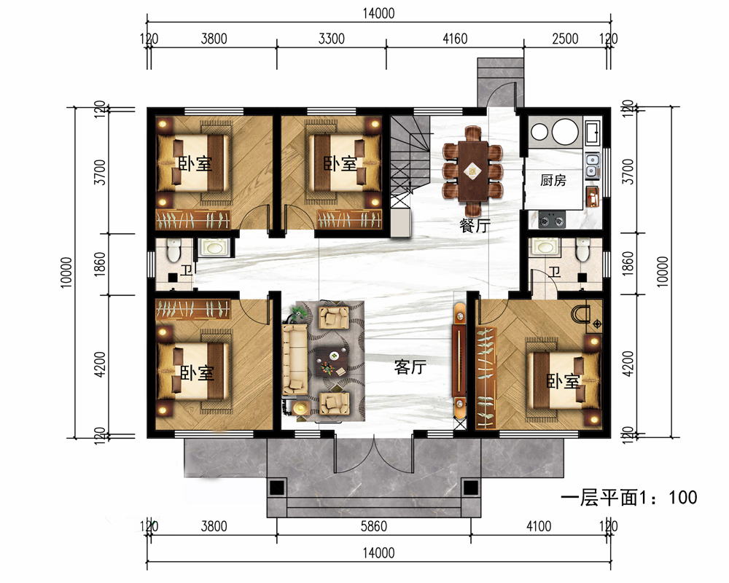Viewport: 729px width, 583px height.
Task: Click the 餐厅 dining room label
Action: [x=475, y=225]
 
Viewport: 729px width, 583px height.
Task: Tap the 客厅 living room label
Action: [x=410, y=367]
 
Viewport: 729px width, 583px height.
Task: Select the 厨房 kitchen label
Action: [x=553, y=180]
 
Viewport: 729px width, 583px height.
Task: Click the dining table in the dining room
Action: [x=473, y=171]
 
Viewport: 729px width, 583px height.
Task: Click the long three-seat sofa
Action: [x=295, y=360]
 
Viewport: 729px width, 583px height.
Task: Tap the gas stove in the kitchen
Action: [x=552, y=219]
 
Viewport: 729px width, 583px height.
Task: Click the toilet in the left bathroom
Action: [x=173, y=249]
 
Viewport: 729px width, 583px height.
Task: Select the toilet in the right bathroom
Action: [x=582, y=249]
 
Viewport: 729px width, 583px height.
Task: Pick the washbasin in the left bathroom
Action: [x=214, y=247]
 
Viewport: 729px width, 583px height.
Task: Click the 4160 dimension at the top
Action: [x=455, y=39]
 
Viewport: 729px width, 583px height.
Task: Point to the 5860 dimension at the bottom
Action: [x=373, y=526]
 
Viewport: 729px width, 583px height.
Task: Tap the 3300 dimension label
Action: [x=332, y=39]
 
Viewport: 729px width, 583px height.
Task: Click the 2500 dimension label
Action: [x=565, y=39]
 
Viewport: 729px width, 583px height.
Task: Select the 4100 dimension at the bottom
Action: [x=539, y=526]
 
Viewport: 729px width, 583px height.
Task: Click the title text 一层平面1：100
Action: [x=628, y=498]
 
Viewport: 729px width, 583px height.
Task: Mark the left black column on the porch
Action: [x=277, y=488]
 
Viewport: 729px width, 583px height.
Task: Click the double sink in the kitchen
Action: [x=591, y=165]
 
